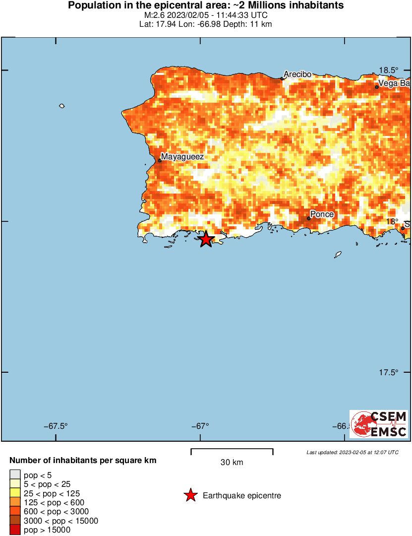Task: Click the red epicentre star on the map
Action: tap(206, 240)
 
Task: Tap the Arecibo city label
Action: tap(297, 74)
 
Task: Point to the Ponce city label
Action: tap(322, 214)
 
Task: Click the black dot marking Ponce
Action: tap(308, 218)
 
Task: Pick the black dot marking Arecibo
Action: tap(282, 78)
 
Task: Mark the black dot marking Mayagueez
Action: tap(160, 161)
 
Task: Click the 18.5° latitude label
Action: tap(388, 70)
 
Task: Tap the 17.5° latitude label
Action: tap(388, 372)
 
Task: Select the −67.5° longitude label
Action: tap(56, 426)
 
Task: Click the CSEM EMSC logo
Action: tap(379, 424)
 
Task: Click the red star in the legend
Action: tap(190, 495)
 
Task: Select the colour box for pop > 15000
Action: tap(15, 530)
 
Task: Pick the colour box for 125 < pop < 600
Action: tap(15, 503)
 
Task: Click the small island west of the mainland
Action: tap(62, 106)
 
